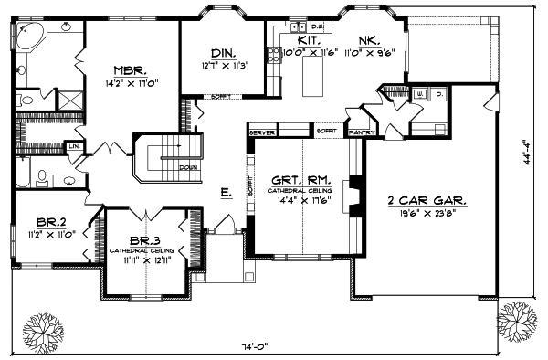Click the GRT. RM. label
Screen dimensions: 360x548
coord(299,180)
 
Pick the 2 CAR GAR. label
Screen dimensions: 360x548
coord(427,198)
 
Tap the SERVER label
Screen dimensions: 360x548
coord(262,132)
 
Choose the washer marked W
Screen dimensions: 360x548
coord(421,94)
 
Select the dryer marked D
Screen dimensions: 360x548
coord(437,94)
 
